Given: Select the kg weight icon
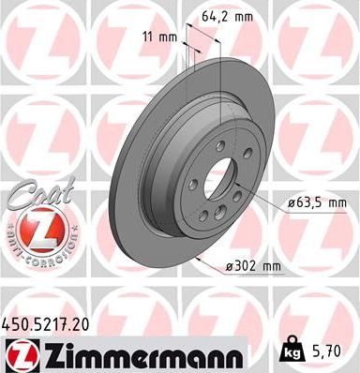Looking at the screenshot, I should (292, 352).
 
